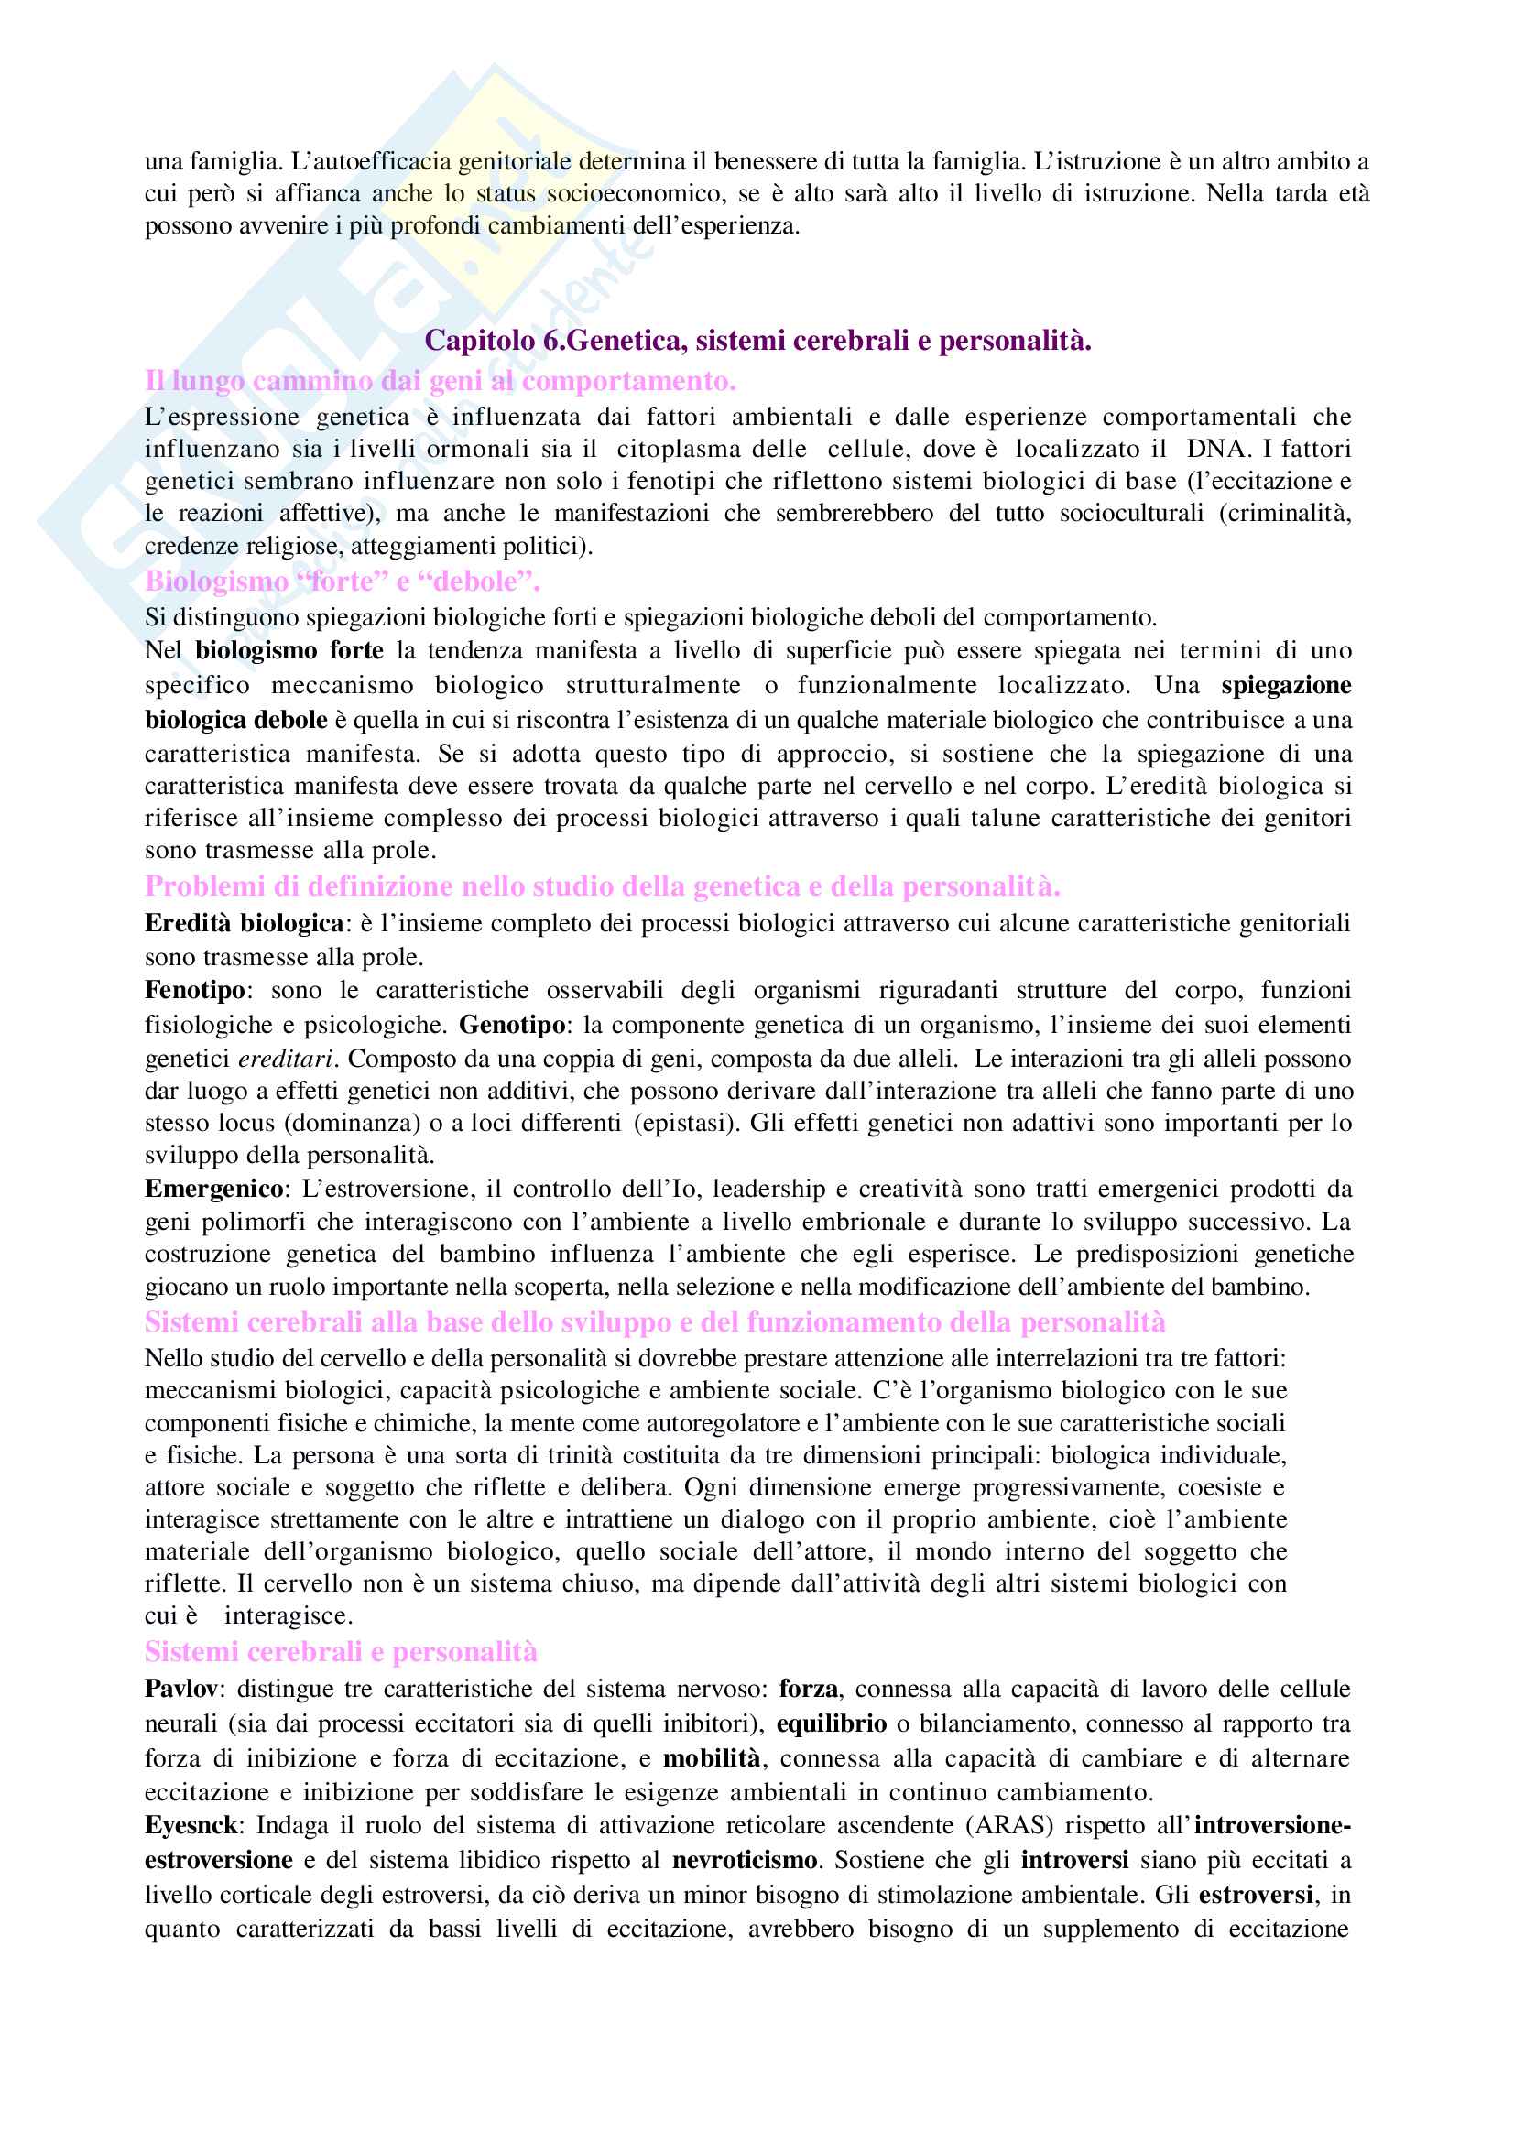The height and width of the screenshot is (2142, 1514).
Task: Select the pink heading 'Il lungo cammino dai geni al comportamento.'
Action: pyautogui.click(x=441, y=381)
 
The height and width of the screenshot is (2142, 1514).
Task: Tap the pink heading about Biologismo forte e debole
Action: pyautogui.click(x=343, y=582)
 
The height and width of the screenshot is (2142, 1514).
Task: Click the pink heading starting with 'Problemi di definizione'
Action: pyautogui.click(x=603, y=886)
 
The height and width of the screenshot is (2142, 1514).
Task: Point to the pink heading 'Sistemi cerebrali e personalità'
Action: pyautogui.click(x=341, y=1651)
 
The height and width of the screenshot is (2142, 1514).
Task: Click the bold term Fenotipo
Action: pyautogui.click(x=195, y=990)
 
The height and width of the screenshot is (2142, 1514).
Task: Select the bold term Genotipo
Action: pyautogui.click(x=512, y=1025)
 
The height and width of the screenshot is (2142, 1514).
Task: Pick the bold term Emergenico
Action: pyautogui.click(x=213, y=1189)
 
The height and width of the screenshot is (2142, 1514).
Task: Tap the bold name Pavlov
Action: pyautogui.click(x=181, y=1689)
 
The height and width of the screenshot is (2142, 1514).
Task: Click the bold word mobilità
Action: pyautogui.click(x=712, y=1757)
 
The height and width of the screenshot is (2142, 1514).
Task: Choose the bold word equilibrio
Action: pyautogui.click(x=831, y=1723)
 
